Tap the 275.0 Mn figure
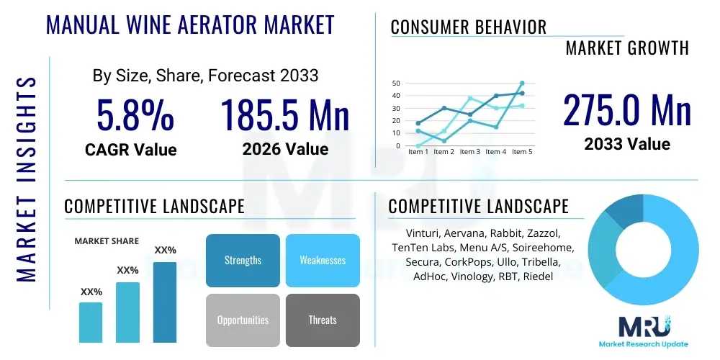(627, 109)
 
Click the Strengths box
(243, 261)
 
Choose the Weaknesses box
(323, 261)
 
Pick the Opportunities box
(243, 320)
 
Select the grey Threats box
(323, 320)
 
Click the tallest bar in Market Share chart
(165, 302)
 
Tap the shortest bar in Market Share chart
(91, 323)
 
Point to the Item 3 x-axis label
(469, 151)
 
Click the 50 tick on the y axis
(396, 83)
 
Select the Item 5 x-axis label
(522, 151)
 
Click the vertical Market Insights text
(26, 180)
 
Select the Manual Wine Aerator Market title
(190, 24)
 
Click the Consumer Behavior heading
(469, 27)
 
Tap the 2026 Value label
(285, 149)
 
